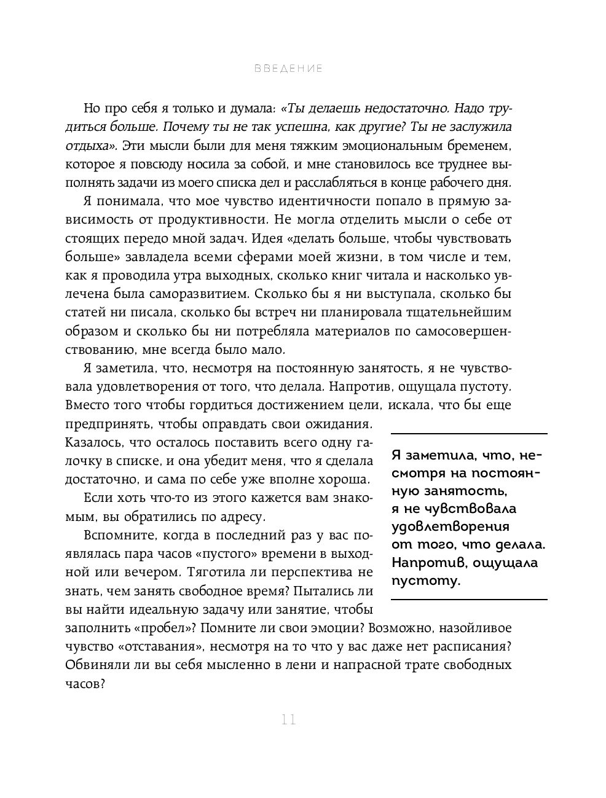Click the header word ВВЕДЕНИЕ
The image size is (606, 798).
[x=288, y=69]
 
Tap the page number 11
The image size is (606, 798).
[x=288, y=719]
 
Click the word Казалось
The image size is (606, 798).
[x=91, y=442]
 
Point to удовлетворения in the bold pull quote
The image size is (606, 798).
[x=451, y=526]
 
